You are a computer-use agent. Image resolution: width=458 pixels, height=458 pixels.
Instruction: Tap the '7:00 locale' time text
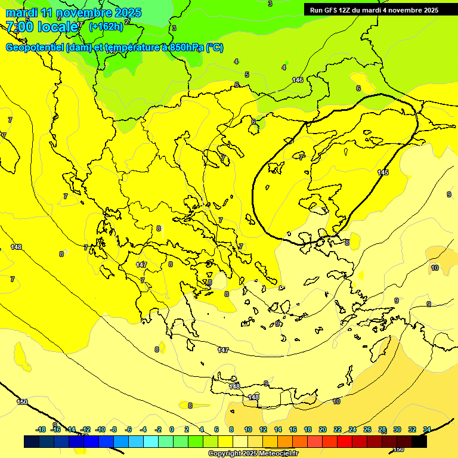pos(42,27)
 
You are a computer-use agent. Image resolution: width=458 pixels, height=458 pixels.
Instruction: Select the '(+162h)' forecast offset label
pos(106,27)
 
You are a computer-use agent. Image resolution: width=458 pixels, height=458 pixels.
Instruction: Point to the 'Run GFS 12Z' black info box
pos(373,10)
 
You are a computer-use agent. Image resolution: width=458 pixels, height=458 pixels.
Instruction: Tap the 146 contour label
pos(298,80)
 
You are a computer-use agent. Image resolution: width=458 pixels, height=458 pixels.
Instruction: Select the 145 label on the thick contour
pos(383,172)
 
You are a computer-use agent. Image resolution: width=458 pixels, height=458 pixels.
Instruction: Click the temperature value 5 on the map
pos(246,75)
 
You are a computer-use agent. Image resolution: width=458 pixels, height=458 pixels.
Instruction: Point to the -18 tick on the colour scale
pos(41,429)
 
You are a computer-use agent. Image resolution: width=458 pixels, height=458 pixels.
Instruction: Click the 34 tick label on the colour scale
pos(427,429)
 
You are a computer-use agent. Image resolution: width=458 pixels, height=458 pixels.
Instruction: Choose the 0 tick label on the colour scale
pos(172,429)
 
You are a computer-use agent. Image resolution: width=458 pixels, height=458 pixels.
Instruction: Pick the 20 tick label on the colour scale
pos(323,429)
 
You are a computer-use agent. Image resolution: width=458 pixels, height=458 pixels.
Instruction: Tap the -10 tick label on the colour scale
pos(100,429)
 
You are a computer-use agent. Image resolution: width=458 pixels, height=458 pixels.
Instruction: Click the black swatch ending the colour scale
pos(419,442)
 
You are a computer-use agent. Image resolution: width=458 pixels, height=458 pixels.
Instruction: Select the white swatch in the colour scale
pos(240,442)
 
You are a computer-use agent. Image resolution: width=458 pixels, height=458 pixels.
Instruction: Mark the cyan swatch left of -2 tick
pos(151,442)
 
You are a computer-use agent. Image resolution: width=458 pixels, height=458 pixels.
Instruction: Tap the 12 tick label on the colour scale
pos(263,429)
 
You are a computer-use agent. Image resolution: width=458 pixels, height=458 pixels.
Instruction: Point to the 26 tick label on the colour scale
pos(367,429)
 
